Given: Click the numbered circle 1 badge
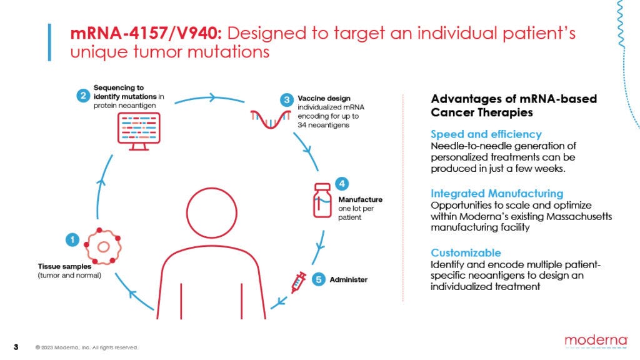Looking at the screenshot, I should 72,239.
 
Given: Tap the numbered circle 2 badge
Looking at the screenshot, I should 82,96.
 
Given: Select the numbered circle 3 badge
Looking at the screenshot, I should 287,99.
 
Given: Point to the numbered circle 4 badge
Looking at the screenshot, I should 342,184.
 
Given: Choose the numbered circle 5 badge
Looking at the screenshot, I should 318,279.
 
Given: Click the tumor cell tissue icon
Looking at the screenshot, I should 101,245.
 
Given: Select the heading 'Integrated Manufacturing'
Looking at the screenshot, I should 497,194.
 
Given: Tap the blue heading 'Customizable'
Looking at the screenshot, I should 466,253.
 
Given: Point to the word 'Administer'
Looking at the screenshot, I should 349,279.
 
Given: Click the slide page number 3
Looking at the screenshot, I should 16,347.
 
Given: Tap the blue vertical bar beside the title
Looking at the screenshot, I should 50,42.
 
